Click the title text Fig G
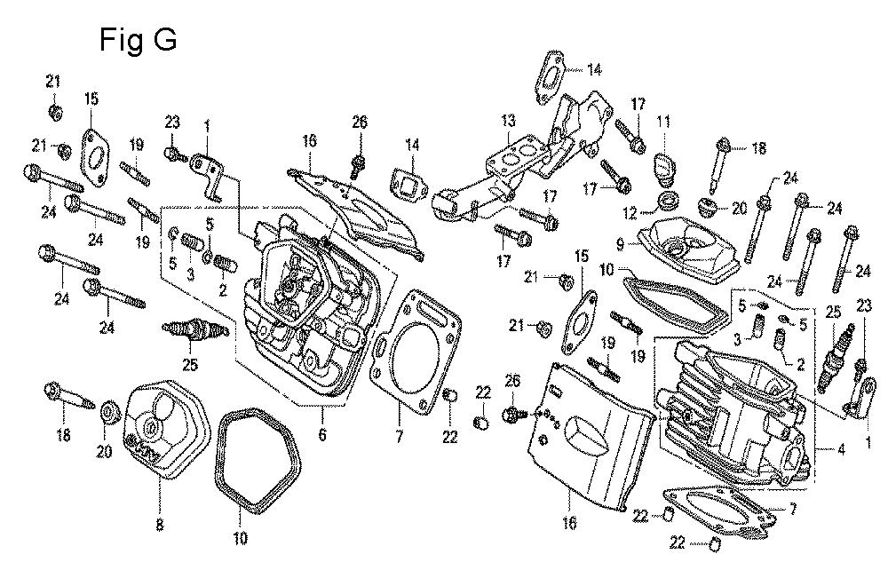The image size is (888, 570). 137,40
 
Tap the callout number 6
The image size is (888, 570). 322,435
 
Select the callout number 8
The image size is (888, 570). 160,525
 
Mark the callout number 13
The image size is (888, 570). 507,121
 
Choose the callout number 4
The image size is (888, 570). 840,449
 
